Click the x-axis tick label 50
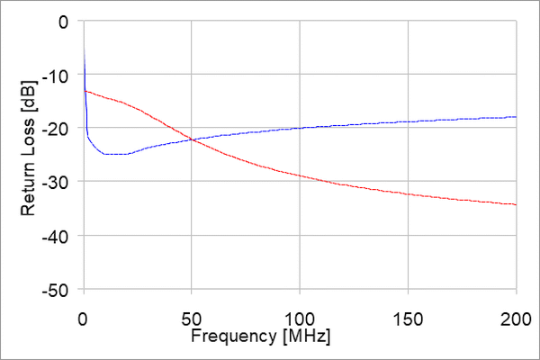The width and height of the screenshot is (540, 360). pyautogui.click(x=192, y=319)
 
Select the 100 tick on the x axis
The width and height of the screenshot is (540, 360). pyautogui.click(x=300, y=319)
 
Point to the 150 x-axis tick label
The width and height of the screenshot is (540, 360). pyautogui.click(x=408, y=319)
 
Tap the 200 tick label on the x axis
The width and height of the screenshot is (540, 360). pyautogui.click(x=516, y=319)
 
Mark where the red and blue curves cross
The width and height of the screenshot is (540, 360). pyautogui.click(x=192, y=139)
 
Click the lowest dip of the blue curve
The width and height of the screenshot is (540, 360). pyautogui.click(x=112, y=154)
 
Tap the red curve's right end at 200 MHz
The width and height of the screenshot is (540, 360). pyautogui.click(x=516, y=204)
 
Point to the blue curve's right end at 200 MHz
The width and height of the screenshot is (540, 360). pyautogui.click(x=516, y=117)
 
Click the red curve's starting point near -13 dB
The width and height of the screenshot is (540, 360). pyautogui.click(x=85, y=90)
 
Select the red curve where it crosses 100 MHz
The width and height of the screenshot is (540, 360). pyautogui.click(x=300, y=175)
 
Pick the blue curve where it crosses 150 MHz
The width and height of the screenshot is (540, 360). pyautogui.click(x=408, y=121)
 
